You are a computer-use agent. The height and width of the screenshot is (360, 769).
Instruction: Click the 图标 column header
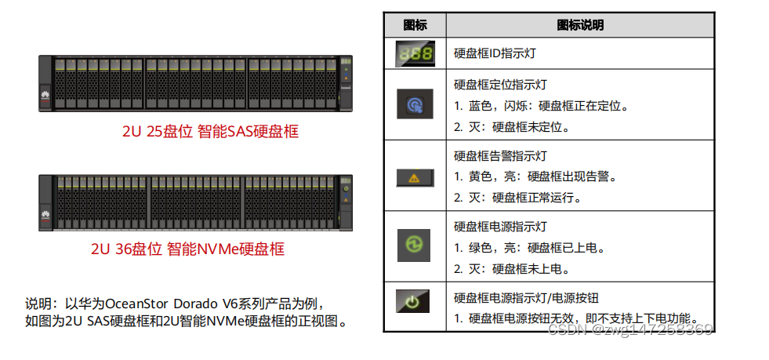click(414, 25)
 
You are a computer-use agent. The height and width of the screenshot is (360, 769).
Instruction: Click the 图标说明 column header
click(580, 25)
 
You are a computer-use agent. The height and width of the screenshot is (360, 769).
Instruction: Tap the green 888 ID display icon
click(414, 53)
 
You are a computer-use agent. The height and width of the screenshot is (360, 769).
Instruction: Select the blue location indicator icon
click(414, 104)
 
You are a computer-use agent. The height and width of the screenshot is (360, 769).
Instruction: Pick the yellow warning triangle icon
click(414, 177)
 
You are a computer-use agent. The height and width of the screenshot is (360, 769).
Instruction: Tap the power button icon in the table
click(414, 302)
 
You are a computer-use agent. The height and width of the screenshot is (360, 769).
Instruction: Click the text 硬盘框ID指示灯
click(495, 53)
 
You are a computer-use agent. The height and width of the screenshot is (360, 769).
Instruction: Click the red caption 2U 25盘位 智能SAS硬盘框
click(210, 131)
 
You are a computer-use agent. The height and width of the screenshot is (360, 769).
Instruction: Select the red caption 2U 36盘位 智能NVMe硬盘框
click(187, 249)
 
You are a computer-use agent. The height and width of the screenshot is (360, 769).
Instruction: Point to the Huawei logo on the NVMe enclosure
click(45, 213)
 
